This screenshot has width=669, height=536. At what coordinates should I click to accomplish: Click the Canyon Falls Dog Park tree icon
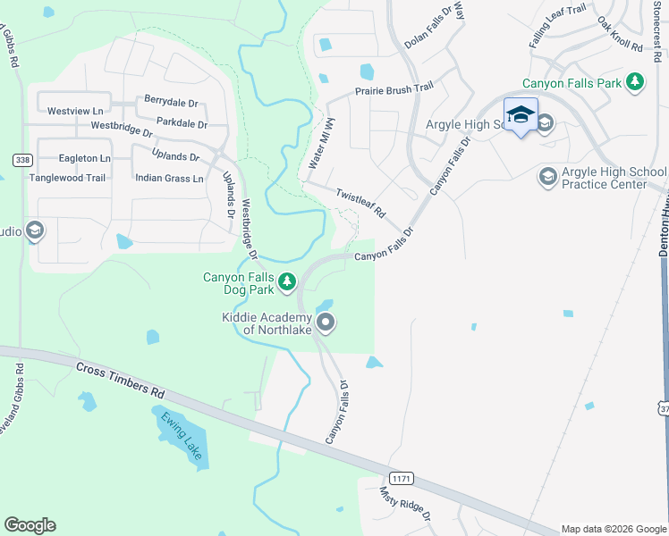pos(286,282)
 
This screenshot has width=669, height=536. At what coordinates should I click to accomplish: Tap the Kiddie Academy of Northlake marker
pos(326,322)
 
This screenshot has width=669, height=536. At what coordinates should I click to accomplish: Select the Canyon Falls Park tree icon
pos(635,82)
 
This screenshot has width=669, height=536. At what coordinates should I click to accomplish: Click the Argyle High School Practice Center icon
pos(547,178)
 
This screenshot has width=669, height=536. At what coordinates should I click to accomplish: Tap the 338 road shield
pos(22,160)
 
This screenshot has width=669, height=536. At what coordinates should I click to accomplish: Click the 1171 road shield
pos(402,479)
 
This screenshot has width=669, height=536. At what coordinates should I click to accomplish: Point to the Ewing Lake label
pos(184,436)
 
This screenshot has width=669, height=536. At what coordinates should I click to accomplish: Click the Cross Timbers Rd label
pos(122,381)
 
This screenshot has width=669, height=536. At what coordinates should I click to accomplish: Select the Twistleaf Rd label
pos(360,205)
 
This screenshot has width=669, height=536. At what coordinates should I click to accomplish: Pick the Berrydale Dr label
pos(169,102)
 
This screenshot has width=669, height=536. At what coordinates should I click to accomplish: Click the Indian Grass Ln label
pos(169,178)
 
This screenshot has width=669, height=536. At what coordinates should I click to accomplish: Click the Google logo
pos(30,525)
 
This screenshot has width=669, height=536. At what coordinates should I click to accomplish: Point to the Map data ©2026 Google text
pos(613,529)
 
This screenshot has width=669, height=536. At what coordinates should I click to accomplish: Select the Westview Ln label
pos(75,112)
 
